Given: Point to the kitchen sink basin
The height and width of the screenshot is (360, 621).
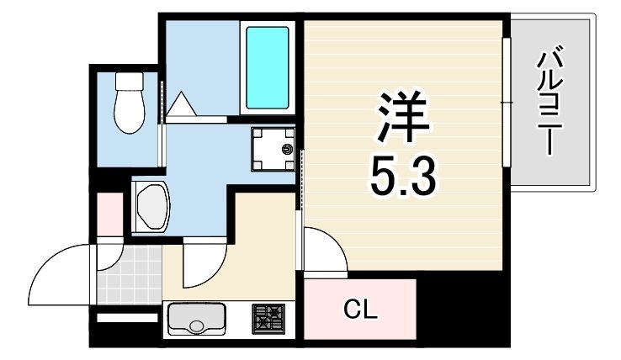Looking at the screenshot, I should [x=197, y=319].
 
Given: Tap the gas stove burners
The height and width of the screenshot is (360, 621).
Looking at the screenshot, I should [x=268, y=319].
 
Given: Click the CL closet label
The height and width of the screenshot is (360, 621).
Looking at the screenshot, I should [x=361, y=310].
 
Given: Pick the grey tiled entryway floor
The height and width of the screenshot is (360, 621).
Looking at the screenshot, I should [x=129, y=274].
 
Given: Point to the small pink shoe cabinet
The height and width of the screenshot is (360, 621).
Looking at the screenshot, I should [x=109, y=214].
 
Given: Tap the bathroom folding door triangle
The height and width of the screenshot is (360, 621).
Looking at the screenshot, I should [x=183, y=106].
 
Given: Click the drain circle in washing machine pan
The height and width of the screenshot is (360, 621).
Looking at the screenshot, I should [x=287, y=151].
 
